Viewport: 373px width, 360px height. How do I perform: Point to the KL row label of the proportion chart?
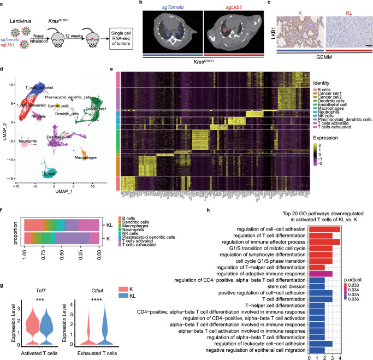coord(109,208)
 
